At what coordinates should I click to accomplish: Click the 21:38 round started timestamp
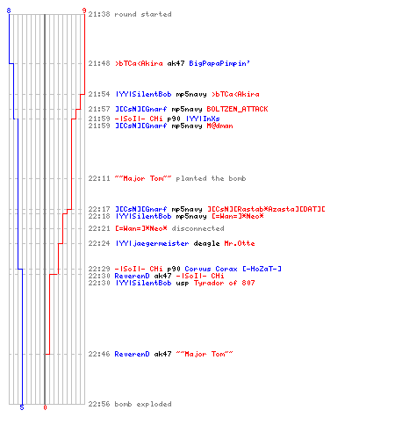(x=99, y=14)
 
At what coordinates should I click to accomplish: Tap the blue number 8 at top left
(x=9, y=11)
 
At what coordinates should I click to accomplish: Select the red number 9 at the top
(x=84, y=11)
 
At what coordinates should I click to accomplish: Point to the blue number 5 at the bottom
(x=22, y=407)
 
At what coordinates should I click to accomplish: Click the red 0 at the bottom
(x=45, y=407)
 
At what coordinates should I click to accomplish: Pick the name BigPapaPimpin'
(x=219, y=63)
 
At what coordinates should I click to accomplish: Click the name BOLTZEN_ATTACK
(x=237, y=109)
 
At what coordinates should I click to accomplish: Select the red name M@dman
(x=219, y=126)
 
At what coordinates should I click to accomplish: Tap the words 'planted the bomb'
(x=211, y=178)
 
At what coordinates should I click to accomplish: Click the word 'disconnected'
(x=197, y=228)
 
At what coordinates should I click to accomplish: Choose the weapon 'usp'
(x=183, y=283)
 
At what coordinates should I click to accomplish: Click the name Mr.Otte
(x=240, y=243)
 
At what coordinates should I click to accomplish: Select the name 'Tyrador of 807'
(x=224, y=283)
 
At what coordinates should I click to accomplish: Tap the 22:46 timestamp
(x=99, y=354)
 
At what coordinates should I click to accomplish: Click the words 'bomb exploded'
(x=143, y=404)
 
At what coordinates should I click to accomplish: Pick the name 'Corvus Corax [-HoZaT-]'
(x=233, y=269)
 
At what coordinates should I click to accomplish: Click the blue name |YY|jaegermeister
(x=152, y=243)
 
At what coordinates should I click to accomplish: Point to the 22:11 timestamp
(x=99, y=178)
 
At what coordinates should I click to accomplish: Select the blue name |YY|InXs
(x=203, y=119)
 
